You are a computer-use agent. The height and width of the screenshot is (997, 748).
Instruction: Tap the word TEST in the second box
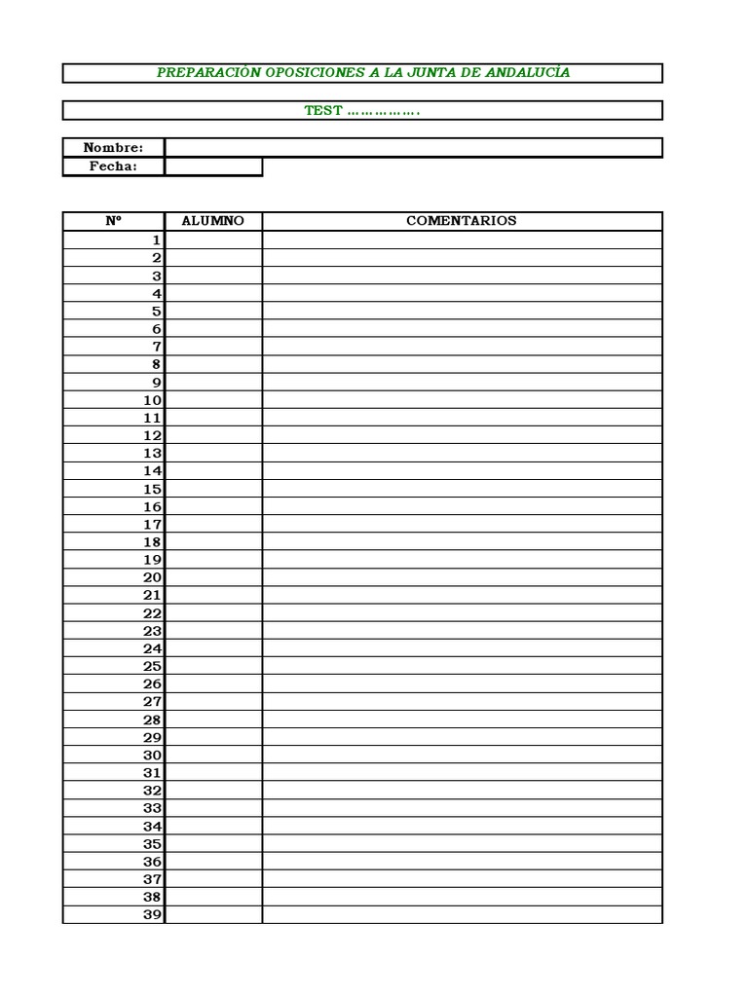tap(323, 111)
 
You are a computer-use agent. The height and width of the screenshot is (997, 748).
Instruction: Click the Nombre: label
tap(113, 148)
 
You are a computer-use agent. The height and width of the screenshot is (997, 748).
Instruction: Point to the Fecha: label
tap(113, 166)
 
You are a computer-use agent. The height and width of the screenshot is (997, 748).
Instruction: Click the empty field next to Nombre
tap(413, 148)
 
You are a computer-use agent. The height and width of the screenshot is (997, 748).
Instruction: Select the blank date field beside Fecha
tap(213, 166)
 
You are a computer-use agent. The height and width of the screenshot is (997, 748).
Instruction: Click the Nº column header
tap(113, 221)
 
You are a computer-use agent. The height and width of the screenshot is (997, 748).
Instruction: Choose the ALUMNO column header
tap(213, 221)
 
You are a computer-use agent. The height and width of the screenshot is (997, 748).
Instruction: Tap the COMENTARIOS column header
tap(462, 221)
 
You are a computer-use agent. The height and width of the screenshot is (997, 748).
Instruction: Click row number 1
tap(155, 240)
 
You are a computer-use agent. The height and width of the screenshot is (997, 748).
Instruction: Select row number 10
tap(152, 400)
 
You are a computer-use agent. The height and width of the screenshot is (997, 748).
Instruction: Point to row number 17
tap(152, 525)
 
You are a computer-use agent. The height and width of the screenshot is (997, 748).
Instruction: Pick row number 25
tap(152, 667)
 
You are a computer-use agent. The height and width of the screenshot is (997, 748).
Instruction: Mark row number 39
tap(152, 915)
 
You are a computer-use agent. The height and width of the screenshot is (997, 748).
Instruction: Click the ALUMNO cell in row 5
tap(213, 312)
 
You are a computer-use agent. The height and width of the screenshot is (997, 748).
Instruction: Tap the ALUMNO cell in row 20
tap(213, 577)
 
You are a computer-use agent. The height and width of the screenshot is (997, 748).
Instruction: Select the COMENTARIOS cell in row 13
tap(462, 454)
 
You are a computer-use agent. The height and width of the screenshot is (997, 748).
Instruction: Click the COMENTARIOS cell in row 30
tap(462, 756)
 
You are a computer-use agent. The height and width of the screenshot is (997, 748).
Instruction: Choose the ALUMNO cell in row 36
tap(213, 862)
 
